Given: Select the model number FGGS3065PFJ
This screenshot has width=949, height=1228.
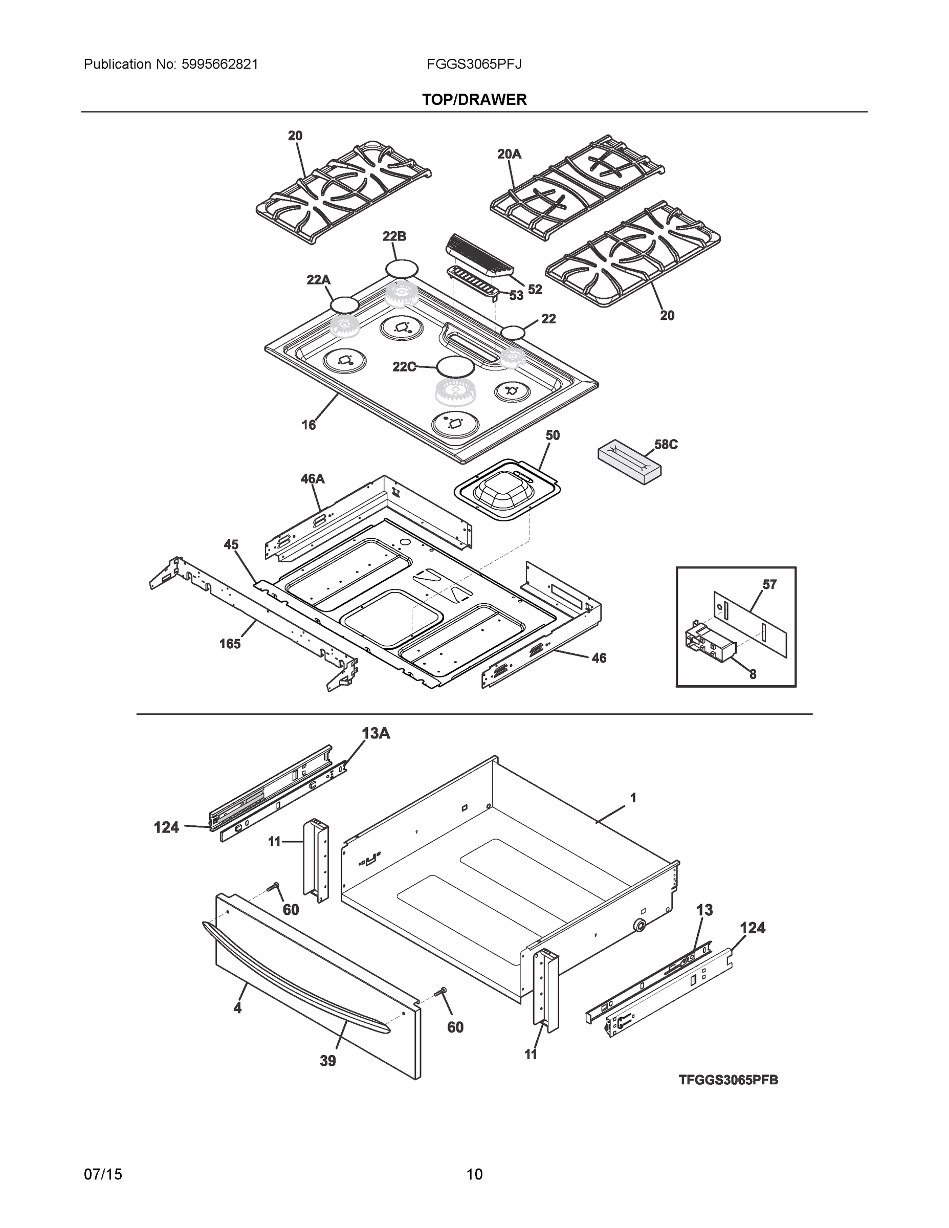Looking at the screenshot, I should point(474,64).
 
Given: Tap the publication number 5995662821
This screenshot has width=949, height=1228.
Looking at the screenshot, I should point(219,64).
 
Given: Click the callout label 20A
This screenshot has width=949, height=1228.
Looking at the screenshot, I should point(509,153).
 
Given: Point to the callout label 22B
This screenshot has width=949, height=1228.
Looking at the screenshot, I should point(394,236).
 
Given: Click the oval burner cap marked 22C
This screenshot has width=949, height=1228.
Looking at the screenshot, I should point(455,366).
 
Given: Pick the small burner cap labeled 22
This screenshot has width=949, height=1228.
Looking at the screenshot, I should point(513,333).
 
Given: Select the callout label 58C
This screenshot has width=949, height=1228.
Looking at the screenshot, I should point(666,444).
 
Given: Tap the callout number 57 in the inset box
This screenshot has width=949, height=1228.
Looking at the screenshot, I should point(769,584).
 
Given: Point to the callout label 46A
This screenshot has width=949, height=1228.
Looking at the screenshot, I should point(312,478).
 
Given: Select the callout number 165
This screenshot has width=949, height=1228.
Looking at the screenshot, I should point(229,643).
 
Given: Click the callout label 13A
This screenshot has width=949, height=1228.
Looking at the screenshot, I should point(376,733).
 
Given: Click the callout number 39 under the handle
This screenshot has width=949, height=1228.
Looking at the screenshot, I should point(327,1061).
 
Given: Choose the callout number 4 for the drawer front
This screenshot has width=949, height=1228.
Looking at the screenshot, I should point(237,1007).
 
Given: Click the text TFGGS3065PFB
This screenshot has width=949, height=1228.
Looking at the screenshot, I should point(728,1080).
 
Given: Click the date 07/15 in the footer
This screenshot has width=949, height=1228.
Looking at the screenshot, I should point(103,1174).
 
